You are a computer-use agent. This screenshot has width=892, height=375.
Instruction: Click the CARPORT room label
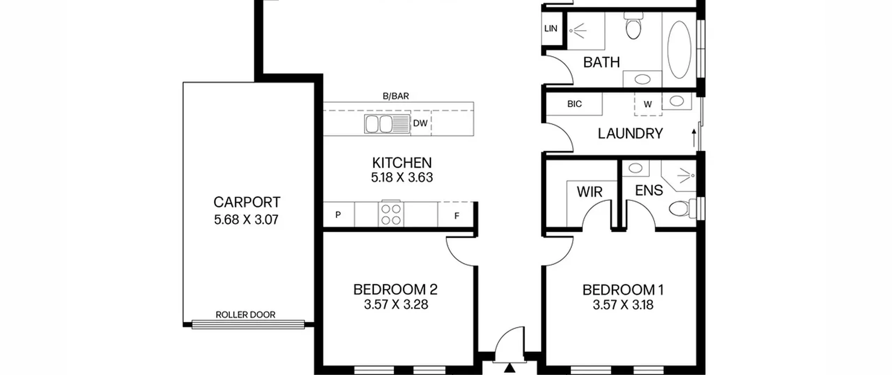click(247, 202)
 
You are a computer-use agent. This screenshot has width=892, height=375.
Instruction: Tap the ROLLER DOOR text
click(246, 315)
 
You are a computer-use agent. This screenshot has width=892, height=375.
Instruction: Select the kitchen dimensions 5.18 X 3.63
click(402, 178)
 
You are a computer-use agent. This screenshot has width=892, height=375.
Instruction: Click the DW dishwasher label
click(420, 123)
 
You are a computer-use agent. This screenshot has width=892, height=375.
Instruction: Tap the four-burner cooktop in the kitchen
click(391, 214)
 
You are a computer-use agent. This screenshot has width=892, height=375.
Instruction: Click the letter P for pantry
click(338, 215)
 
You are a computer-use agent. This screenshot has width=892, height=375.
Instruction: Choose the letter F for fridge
click(457, 216)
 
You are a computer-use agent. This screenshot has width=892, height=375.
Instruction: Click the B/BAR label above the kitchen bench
click(396, 96)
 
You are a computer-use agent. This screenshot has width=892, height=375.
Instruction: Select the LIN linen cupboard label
click(551, 29)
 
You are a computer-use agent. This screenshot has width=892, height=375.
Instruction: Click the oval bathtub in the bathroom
click(679, 50)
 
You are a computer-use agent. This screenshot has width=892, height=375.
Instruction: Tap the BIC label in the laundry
click(574, 104)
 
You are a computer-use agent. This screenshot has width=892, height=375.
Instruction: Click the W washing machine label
click(647, 104)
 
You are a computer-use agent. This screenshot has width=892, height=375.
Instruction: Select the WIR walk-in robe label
click(590, 192)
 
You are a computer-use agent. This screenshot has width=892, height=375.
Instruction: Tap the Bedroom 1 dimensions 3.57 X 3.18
click(623, 305)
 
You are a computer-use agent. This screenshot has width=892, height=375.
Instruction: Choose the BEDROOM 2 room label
click(395, 290)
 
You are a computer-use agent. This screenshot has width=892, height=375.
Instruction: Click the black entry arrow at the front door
click(510, 368)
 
